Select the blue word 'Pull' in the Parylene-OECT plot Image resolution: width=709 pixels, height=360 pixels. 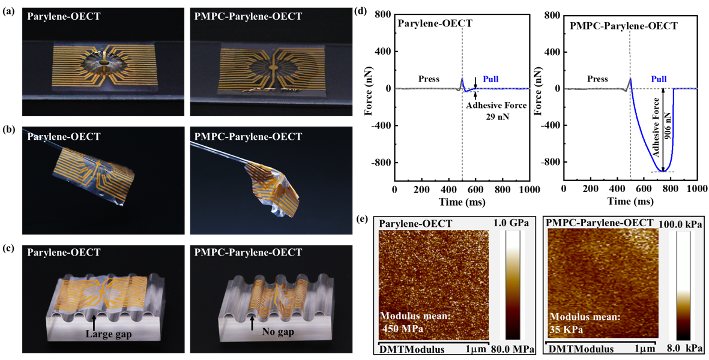(x=490, y=79)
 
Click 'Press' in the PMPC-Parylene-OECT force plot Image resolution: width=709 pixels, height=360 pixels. (x=597, y=79)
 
